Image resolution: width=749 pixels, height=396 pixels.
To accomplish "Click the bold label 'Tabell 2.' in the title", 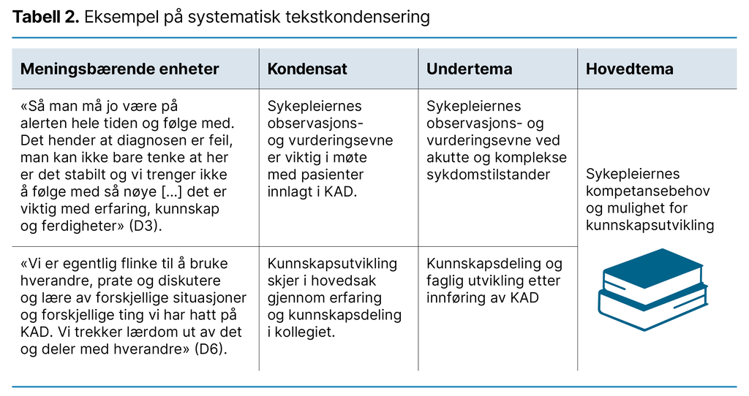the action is click(x=45, y=17).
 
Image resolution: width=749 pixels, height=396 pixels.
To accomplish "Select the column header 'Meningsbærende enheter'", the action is click(x=120, y=69).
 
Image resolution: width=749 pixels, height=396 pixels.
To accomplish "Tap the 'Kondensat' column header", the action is click(x=307, y=69).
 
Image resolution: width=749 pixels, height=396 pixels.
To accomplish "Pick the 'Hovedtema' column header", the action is click(x=630, y=69).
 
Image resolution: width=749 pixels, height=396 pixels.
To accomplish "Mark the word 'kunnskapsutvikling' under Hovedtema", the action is click(x=650, y=225).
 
